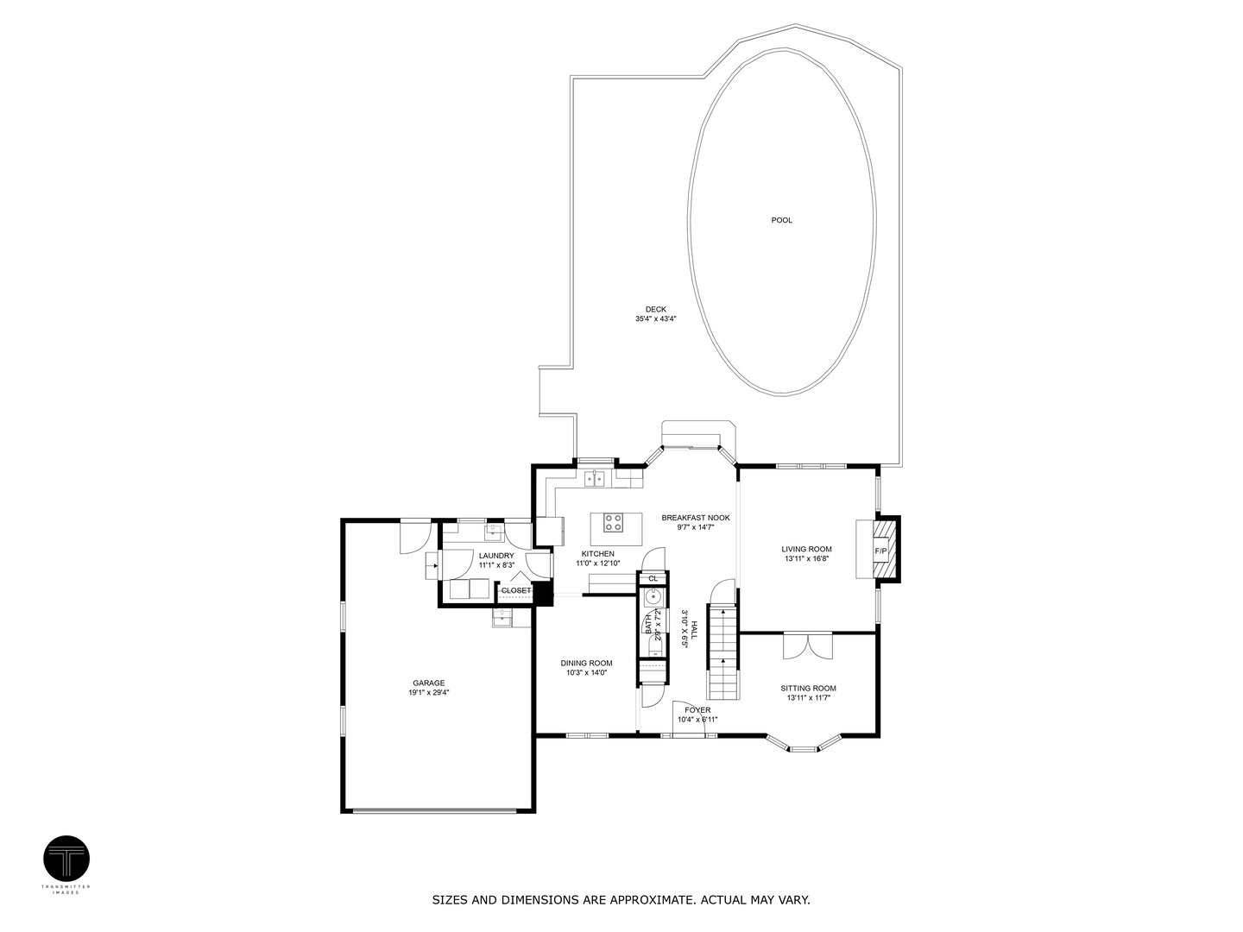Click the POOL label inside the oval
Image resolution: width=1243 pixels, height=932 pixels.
pyautogui.click(x=781, y=220)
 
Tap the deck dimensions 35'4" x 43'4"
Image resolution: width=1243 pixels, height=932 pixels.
pyautogui.click(x=655, y=319)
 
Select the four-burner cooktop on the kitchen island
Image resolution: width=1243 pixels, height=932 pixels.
pyautogui.click(x=613, y=522)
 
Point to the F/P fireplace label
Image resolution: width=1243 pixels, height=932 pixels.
pyautogui.click(x=881, y=551)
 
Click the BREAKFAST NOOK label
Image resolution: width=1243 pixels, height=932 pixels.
pyautogui.click(x=696, y=518)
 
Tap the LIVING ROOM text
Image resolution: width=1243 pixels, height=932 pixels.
pyautogui.click(x=806, y=549)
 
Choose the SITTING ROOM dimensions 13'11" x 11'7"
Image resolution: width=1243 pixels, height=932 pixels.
pyautogui.click(x=808, y=698)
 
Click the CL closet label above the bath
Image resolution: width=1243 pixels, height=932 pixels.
pyautogui.click(x=653, y=578)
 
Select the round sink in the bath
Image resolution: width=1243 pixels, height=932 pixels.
pyautogui.click(x=653, y=596)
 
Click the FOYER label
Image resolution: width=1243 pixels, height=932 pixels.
pyautogui.click(x=697, y=710)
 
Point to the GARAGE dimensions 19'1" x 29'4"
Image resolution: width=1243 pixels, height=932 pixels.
pyautogui.click(x=428, y=692)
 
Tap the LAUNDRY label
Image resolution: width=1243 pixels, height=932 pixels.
pyautogui.click(x=496, y=556)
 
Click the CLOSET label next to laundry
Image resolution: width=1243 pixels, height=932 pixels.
pyautogui.click(x=516, y=590)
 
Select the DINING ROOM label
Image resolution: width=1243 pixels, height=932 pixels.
pyautogui.click(x=587, y=663)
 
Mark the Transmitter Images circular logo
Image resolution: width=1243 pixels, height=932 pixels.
pyautogui.click(x=66, y=859)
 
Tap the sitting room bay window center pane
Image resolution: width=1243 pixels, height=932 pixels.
pyautogui.click(x=804, y=749)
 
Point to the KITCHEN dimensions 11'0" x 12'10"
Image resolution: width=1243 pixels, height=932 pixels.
pyautogui.click(x=598, y=564)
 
